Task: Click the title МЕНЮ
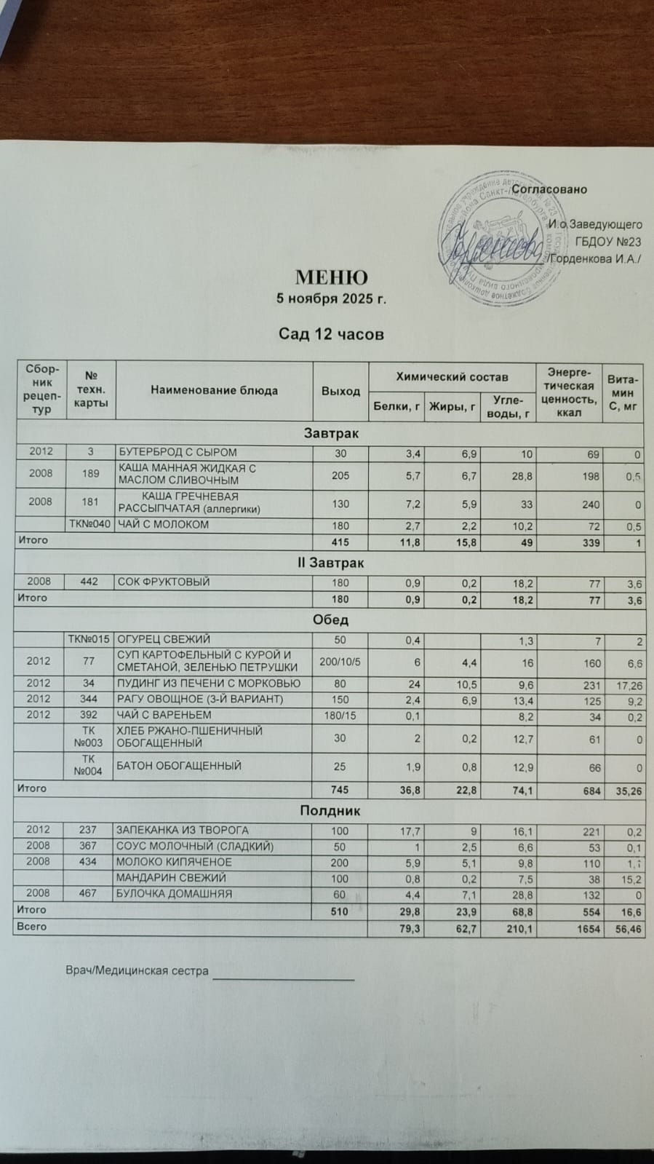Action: [331, 277]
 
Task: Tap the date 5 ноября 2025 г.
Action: [331, 298]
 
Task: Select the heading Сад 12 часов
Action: [331, 334]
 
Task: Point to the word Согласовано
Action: [549, 189]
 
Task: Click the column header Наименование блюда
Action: [214, 390]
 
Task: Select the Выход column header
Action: [340, 391]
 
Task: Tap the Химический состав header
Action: [452, 376]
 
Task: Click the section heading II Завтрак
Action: [330, 563]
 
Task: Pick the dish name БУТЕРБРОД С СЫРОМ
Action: [178, 452]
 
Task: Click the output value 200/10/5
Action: [340, 661]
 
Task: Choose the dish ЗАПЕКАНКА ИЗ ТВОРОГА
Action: [183, 830]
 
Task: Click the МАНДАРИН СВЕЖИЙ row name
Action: [172, 878]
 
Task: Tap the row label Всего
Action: [31, 927]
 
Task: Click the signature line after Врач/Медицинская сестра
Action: [282, 978]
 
